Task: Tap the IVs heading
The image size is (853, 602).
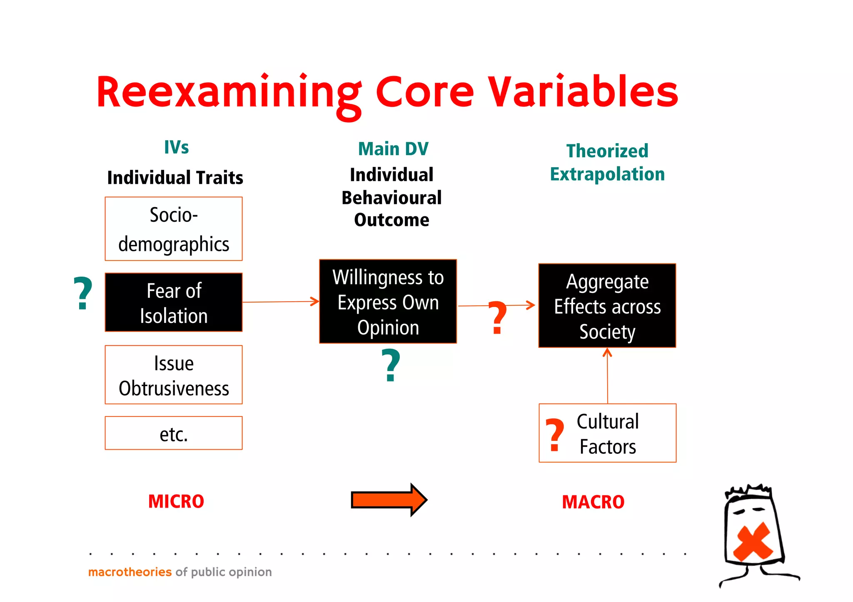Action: point(176,147)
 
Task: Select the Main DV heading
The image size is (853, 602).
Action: point(393,149)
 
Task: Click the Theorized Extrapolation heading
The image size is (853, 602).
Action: point(607,163)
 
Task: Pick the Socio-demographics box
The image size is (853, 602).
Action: point(174,229)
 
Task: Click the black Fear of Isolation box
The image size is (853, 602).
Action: point(174,302)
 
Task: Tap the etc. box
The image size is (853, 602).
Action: point(174,434)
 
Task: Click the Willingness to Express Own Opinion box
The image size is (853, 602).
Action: point(388,302)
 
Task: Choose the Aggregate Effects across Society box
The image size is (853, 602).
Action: point(607,306)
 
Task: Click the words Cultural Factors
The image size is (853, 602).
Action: point(608,434)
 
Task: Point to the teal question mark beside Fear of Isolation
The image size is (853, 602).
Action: point(82,294)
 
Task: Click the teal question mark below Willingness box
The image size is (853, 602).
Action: point(391,366)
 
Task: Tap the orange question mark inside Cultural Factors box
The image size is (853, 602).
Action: point(555,435)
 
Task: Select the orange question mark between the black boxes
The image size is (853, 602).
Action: point(497,318)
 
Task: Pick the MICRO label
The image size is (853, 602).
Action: point(176,502)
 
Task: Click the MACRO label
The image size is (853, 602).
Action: point(593,502)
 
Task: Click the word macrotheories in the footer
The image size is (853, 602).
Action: point(130,572)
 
